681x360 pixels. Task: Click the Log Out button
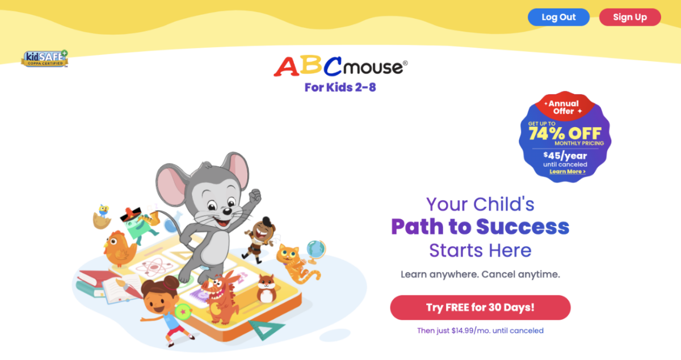(x=558, y=17)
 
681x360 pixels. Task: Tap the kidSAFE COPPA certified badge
(x=45, y=58)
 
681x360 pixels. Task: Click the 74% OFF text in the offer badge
(x=565, y=133)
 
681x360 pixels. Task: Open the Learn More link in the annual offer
(x=567, y=171)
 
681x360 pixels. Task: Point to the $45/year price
(x=565, y=156)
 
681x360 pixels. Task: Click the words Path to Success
(x=480, y=227)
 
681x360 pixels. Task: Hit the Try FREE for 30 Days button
(x=480, y=308)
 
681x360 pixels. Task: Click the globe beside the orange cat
(x=316, y=249)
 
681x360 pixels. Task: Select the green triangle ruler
(x=267, y=329)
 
